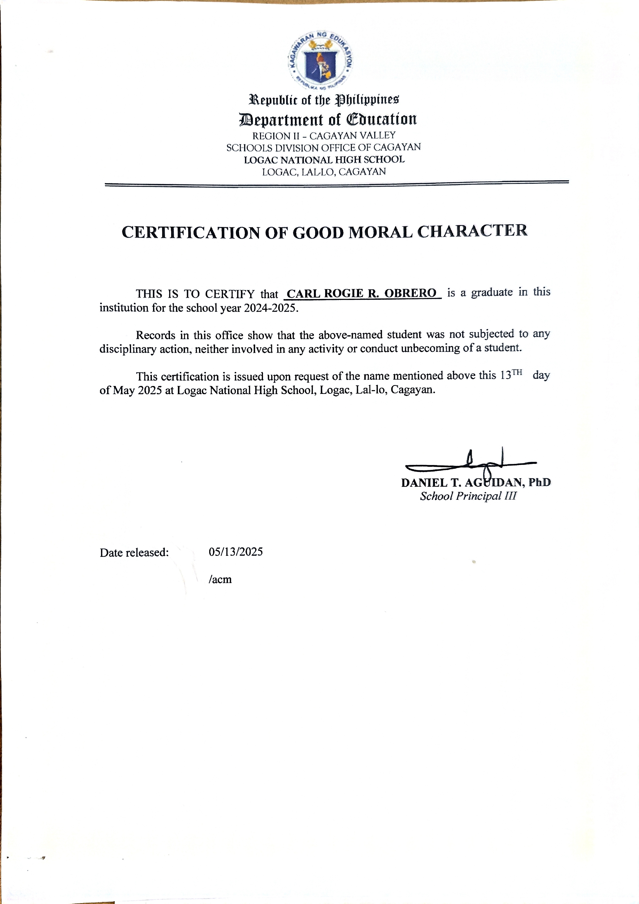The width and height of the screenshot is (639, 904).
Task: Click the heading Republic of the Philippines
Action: pos(324,100)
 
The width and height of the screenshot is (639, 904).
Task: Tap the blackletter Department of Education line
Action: pos(328,119)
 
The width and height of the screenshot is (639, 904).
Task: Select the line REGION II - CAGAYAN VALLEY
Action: pos(324,135)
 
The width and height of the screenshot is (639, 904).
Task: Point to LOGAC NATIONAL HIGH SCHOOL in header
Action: pos(324,160)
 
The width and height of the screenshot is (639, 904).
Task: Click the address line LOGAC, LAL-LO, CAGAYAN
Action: pos(324,172)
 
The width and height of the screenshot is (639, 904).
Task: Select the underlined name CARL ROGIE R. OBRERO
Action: pos(361,293)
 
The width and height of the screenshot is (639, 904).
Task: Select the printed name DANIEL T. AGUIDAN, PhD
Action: pos(476,482)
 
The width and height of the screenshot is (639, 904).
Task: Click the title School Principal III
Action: pos(468,496)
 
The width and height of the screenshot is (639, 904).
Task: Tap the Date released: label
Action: pos(134,553)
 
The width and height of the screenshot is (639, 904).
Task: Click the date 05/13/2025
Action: pos(236,552)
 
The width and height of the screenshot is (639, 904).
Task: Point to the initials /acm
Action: pos(220,579)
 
